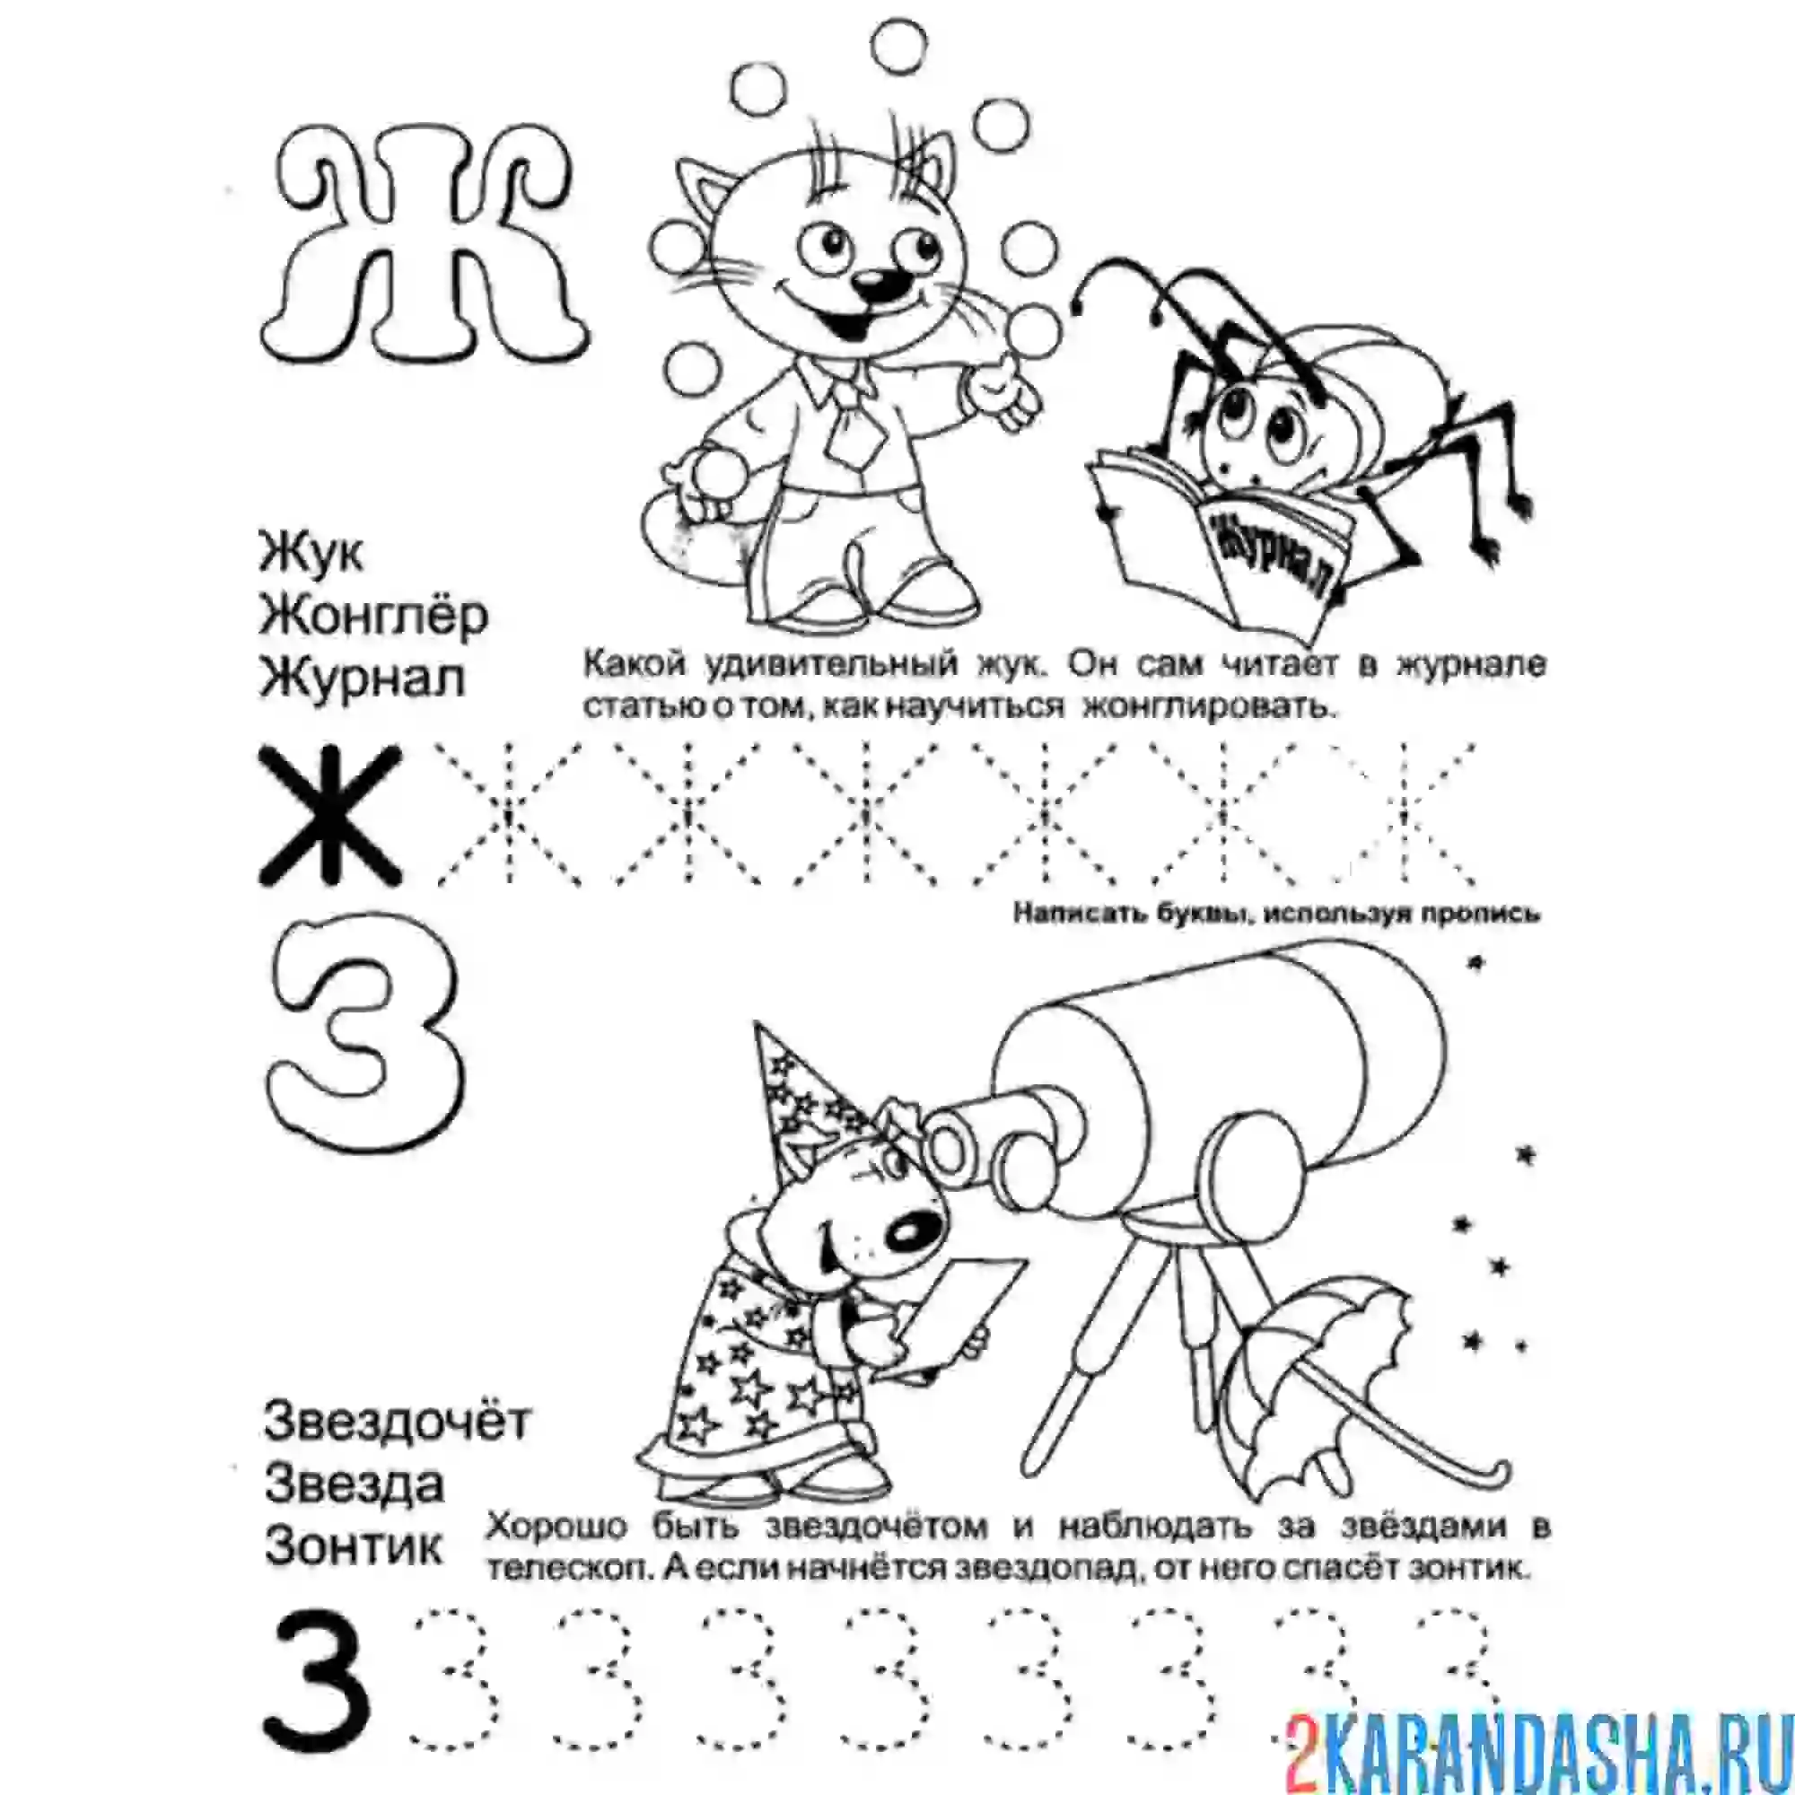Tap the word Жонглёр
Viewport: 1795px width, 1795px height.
tap(373, 616)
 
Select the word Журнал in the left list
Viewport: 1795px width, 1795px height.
tap(362, 679)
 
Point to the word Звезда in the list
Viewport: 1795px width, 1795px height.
tap(354, 1484)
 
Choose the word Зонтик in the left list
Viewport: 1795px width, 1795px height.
tap(354, 1547)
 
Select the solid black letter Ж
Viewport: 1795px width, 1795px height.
tap(329, 815)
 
